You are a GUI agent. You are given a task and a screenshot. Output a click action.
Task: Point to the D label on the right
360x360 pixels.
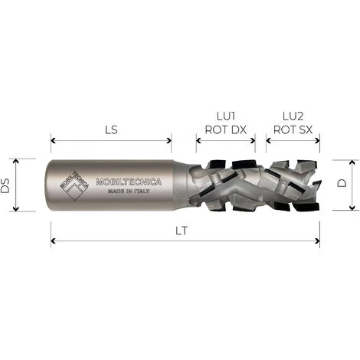click(x=342, y=184)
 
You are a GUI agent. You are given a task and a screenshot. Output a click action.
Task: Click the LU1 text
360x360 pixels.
click(x=225, y=116)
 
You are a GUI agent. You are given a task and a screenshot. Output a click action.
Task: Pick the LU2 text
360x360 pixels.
click(x=293, y=116)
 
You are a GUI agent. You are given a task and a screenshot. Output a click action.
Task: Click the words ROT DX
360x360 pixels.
click(x=225, y=129)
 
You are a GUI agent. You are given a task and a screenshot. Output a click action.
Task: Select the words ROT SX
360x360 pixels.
click(x=293, y=129)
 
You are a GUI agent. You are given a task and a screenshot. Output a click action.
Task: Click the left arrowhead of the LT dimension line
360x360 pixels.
click(x=54, y=241)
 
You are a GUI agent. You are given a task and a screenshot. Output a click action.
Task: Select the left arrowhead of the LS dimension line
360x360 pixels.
click(x=54, y=139)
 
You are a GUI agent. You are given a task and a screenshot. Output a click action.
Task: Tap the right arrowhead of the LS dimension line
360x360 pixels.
click(x=169, y=139)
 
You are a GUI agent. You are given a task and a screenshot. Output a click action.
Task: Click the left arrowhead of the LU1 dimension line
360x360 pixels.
click(x=199, y=139)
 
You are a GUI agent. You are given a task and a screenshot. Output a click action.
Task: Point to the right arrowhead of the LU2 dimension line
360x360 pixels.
click(x=317, y=139)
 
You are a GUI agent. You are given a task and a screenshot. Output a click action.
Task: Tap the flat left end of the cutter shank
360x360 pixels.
click(x=52, y=185)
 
